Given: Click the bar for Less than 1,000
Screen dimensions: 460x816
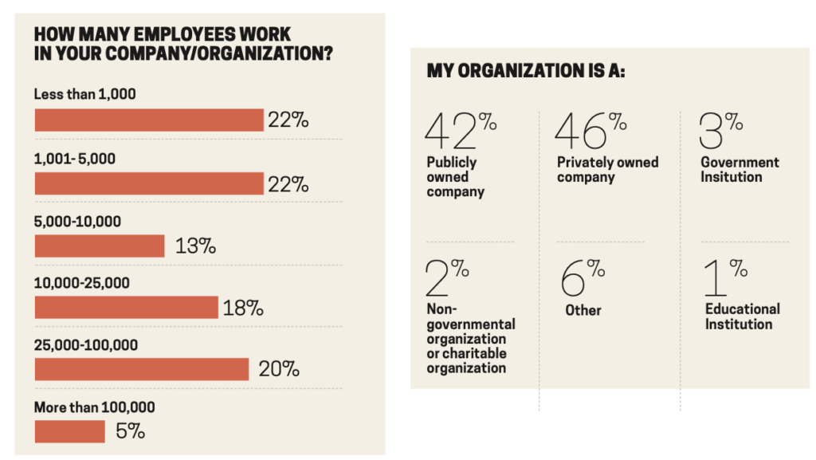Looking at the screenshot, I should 149,120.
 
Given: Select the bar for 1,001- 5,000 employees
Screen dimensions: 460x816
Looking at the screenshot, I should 149,183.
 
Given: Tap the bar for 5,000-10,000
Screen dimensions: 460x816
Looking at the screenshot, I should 100,246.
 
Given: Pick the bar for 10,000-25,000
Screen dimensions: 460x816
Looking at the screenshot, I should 126,308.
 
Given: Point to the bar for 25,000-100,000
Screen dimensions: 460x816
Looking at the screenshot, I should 142,369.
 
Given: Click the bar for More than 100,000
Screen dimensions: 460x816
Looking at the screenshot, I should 70,431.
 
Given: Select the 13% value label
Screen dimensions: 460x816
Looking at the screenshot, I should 196,246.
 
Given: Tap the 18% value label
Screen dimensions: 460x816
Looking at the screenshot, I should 243,309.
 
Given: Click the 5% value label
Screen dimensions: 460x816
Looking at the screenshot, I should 130,432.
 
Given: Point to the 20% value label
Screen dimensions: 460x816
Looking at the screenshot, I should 279,370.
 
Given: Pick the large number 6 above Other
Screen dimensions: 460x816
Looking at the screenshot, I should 573,279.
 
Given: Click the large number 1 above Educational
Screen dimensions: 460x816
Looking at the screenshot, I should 716,279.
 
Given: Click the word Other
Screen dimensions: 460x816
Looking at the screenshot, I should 583,310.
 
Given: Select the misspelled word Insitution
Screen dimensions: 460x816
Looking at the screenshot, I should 732,177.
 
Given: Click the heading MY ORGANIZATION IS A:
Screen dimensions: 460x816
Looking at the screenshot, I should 526,71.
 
